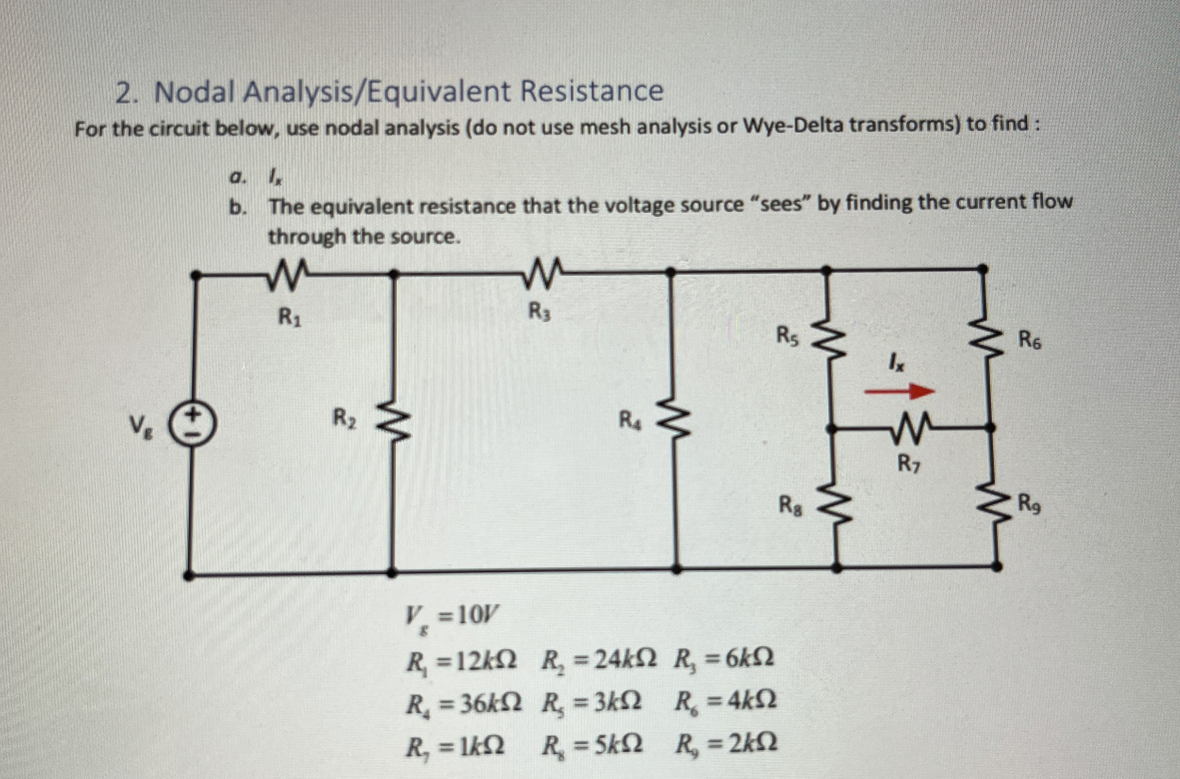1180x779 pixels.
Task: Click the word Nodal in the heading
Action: (x=196, y=93)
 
